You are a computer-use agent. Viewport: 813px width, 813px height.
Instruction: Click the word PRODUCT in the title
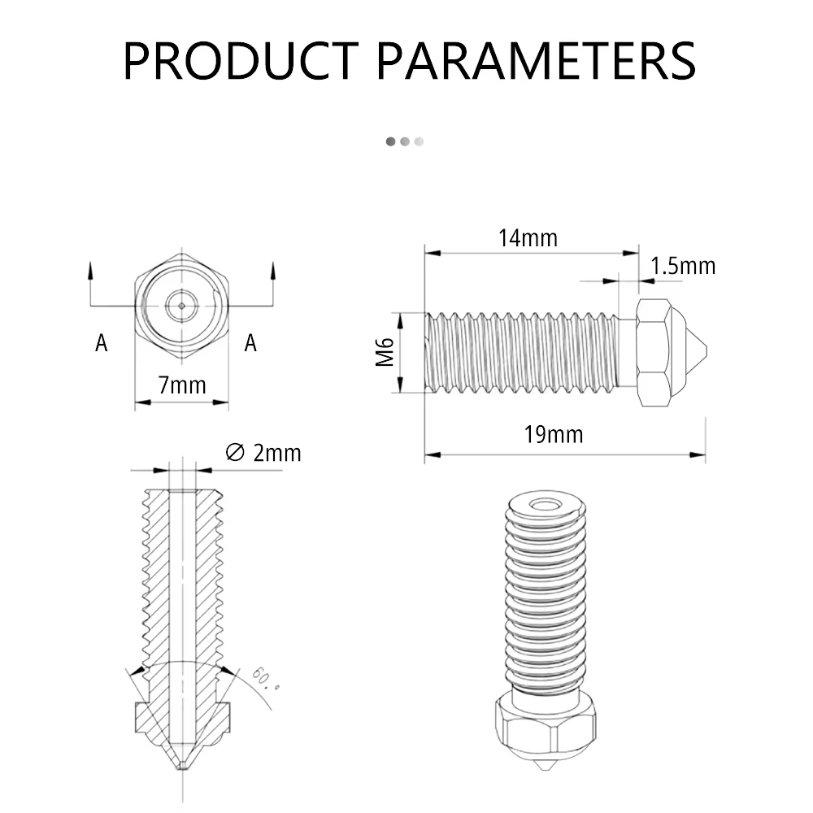241,61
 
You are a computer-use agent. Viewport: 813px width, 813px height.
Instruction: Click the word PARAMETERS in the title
536,61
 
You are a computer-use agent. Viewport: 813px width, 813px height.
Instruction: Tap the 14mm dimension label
528,238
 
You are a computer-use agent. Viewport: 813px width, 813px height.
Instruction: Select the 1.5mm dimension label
683,266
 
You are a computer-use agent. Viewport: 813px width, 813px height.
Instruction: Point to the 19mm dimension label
553,434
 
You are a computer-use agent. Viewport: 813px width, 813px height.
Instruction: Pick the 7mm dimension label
182,385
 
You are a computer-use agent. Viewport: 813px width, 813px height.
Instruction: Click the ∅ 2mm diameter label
263,453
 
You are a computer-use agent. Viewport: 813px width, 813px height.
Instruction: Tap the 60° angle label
266,679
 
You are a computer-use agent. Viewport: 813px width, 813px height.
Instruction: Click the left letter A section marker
101,343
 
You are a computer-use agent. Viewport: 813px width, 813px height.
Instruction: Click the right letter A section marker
250,343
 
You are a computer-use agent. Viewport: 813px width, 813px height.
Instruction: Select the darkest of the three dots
391,141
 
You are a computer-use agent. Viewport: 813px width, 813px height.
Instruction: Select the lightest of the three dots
419,141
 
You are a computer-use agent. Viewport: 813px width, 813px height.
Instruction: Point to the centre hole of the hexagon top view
181,306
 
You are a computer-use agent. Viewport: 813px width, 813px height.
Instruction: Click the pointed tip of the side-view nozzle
706,351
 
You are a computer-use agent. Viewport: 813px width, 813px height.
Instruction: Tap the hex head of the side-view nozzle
654,353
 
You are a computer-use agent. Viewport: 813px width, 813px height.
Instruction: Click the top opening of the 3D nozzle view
545,505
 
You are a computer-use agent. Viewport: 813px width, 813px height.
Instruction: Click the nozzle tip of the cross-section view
182,764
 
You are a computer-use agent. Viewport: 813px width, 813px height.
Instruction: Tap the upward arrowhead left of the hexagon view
91,270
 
